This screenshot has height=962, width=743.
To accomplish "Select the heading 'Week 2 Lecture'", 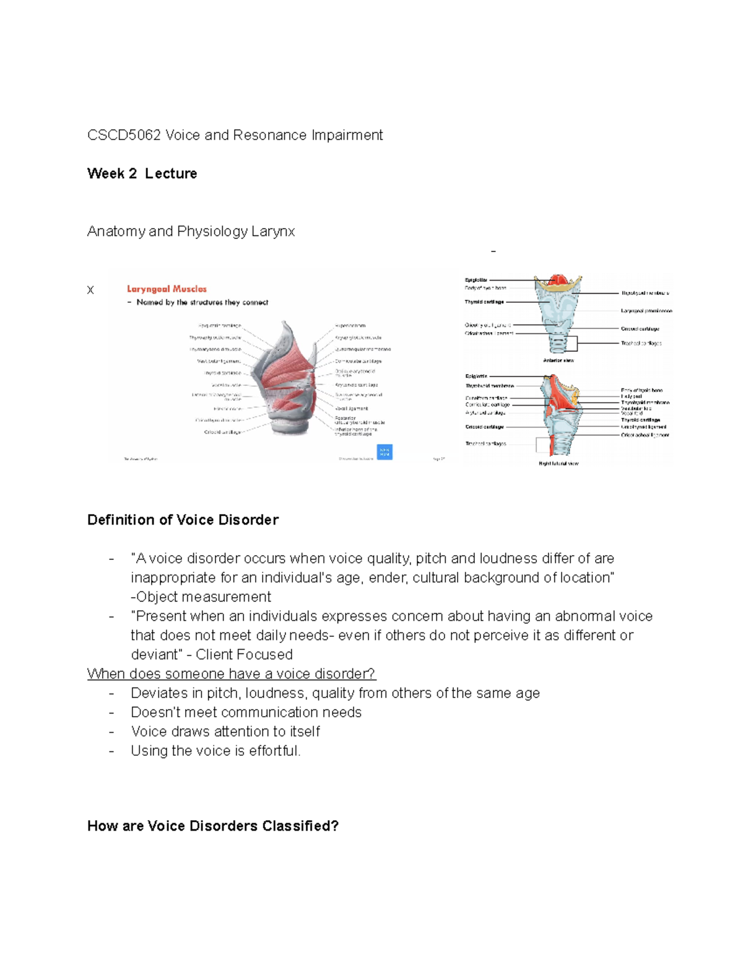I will [x=142, y=173].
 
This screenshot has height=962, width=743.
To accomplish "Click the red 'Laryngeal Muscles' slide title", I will [x=167, y=289].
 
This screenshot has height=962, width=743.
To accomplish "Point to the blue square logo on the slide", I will [x=385, y=452].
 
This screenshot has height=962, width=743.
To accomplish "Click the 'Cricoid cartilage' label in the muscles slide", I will [x=222, y=432].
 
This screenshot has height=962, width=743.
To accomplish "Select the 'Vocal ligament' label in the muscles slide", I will [x=352, y=408].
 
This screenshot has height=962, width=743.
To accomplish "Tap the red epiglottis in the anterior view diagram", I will [x=558, y=281].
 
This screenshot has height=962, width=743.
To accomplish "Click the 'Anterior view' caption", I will [x=558, y=361].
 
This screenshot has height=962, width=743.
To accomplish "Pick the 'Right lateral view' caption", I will [x=558, y=463].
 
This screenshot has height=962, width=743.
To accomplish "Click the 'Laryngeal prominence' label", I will [x=646, y=311].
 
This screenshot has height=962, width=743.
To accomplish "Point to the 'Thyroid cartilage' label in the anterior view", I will [x=484, y=302].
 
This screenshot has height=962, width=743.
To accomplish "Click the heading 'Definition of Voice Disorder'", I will [x=183, y=520].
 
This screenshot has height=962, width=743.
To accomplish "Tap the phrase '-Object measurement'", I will [x=201, y=597].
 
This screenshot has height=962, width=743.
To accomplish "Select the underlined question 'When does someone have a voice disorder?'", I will [x=231, y=673].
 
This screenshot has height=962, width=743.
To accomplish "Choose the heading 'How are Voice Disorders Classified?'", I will [x=213, y=826].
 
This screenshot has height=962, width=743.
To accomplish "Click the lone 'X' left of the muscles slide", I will [x=90, y=290].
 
